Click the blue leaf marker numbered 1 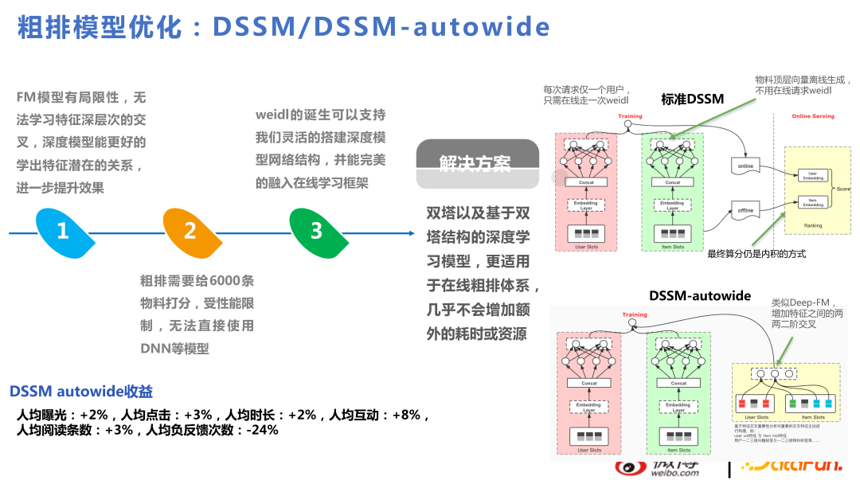tap(63, 232)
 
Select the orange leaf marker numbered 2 tap(190, 232)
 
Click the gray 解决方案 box tap(476, 162)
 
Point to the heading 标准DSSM tap(692, 100)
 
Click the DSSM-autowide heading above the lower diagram tap(699, 295)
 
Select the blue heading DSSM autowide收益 tap(81, 392)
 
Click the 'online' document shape tap(745, 166)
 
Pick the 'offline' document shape tap(745, 210)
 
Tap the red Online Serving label tap(812, 116)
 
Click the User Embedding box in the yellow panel tap(812, 175)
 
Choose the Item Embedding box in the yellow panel tap(812, 202)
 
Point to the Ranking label tap(812, 225)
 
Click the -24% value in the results tap(262, 430)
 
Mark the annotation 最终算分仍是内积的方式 tap(756, 254)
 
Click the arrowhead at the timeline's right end tap(410, 233)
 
